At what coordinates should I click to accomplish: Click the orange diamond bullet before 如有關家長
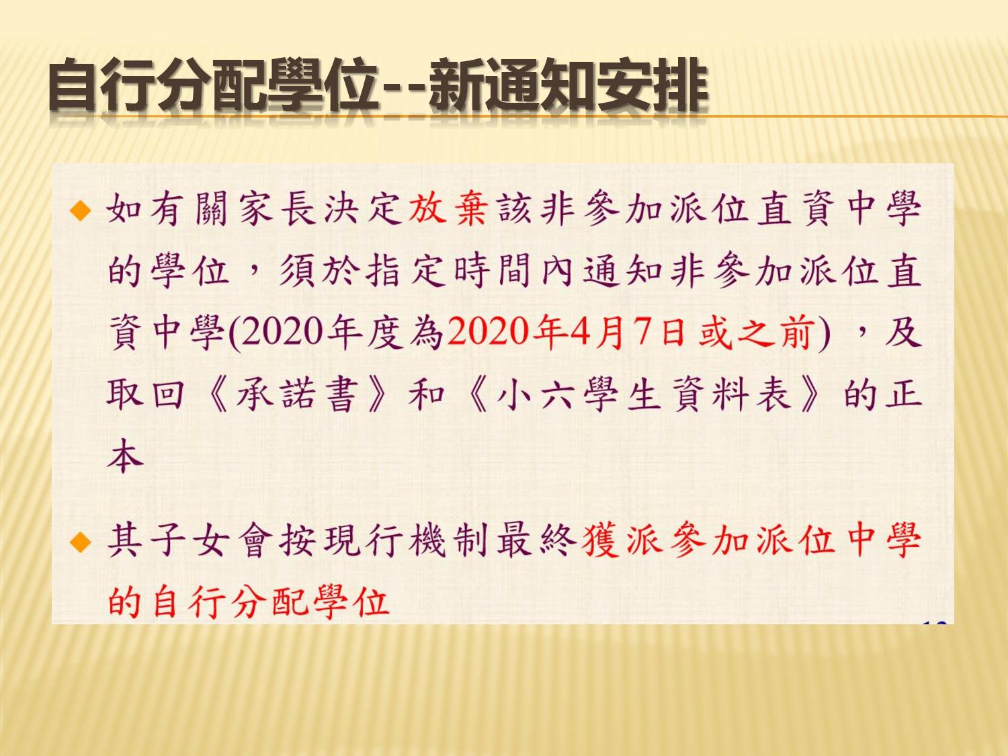click(x=80, y=212)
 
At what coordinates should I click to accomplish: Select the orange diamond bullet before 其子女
click(x=80, y=542)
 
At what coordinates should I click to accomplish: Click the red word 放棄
click(x=448, y=209)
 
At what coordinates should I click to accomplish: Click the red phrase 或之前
click(x=755, y=332)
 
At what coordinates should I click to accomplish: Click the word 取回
click(x=145, y=394)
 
